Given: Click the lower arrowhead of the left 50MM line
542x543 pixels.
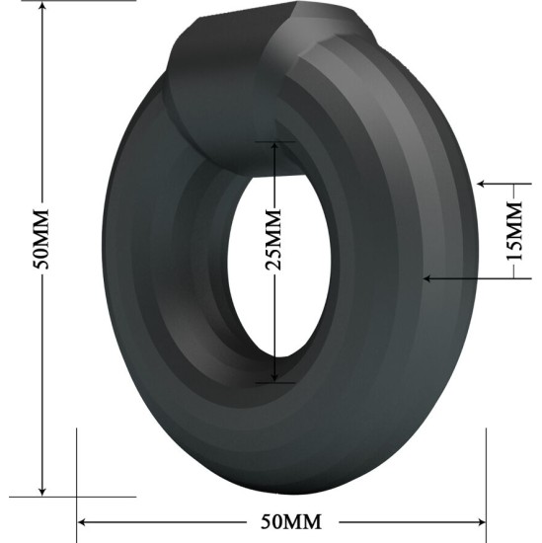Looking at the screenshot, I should [42, 488].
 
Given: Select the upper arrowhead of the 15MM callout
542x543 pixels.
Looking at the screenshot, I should [481, 183].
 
